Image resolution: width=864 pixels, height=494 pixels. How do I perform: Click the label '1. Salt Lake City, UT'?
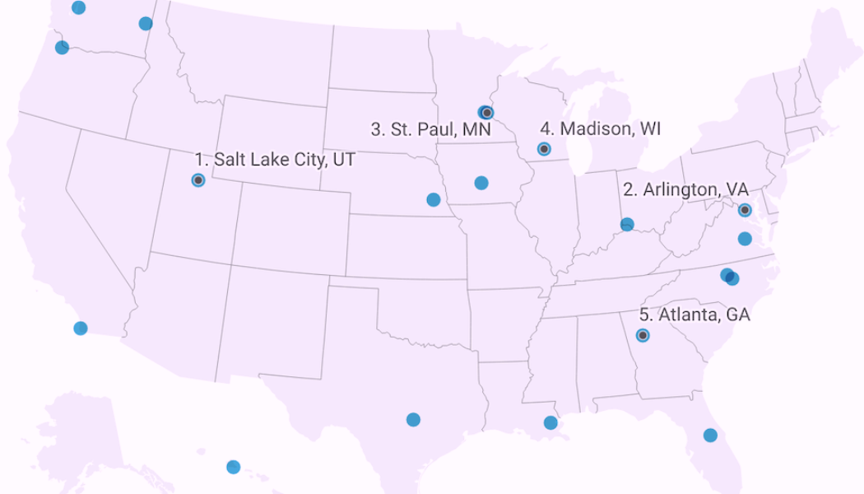[275, 160]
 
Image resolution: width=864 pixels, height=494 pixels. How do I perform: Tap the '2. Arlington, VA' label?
[685, 189]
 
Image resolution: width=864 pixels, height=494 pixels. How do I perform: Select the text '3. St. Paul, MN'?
[430, 129]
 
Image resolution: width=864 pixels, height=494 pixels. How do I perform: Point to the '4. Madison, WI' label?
[600, 128]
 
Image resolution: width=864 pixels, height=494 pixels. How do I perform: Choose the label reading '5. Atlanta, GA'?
[694, 315]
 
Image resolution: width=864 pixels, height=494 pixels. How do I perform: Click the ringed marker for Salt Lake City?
[198, 179]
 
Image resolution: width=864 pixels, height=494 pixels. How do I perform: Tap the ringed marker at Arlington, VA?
[745, 210]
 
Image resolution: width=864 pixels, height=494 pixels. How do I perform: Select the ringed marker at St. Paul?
[487, 112]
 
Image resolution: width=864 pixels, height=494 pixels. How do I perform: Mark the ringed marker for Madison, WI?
[544, 149]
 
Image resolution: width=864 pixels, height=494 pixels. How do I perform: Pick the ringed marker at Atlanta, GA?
[643, 335]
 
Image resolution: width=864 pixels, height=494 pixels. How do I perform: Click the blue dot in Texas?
[413, 420]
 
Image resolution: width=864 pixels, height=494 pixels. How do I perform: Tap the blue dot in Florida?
[710, 435]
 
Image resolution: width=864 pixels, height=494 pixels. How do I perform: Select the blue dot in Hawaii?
[233, 467]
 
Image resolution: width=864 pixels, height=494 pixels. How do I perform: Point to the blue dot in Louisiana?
[550, 423]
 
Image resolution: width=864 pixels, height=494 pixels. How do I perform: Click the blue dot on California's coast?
[81, 328]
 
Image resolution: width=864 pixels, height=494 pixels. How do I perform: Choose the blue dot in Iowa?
[481, 183]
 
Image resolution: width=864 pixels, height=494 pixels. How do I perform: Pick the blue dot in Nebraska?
[434, 199]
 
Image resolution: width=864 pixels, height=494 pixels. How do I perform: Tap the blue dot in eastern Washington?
[146, 23]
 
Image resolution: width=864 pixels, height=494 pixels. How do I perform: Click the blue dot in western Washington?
[78, 7]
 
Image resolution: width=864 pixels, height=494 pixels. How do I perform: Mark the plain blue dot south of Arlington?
[745, 239]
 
